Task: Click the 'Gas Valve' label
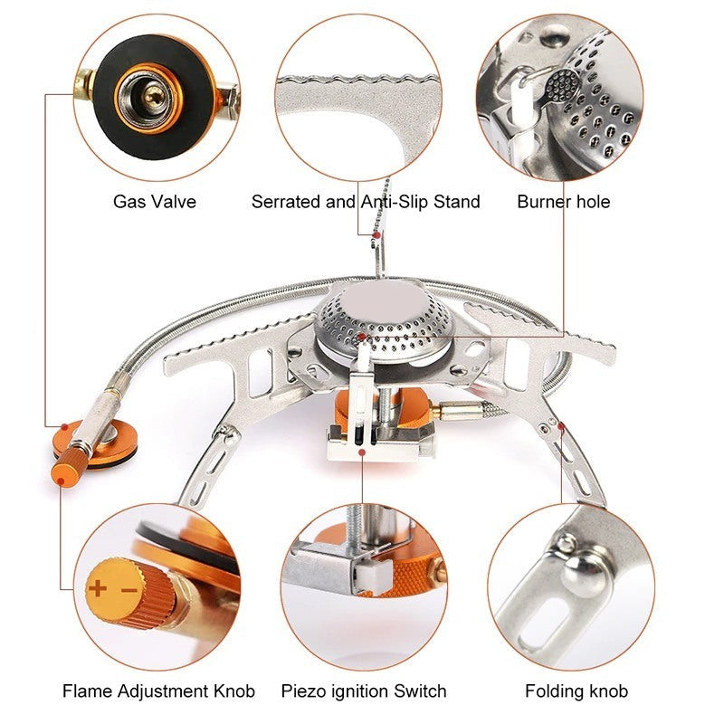tap(154, 201)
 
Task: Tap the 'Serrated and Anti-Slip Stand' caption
tap(366, 201)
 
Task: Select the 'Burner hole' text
tap(563, 201)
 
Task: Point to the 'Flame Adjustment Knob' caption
tap(158, 691)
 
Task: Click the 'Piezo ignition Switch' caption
tap(363, 691)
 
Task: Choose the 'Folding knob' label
tap(576, 691)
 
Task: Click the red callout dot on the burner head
tap(361, 337)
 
